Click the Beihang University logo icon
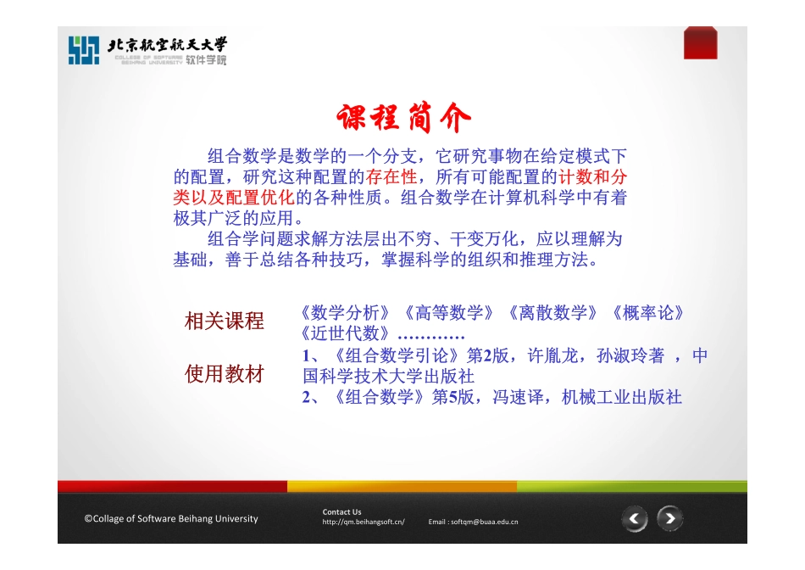point(84,51)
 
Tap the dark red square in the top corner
point(700,43)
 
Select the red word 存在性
point(391,177)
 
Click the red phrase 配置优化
point(253,198)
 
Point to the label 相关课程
point(225,321)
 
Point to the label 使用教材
point(225,374)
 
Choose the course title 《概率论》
point(647,312)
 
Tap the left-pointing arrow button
point(635,519)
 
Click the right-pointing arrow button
point(669,518)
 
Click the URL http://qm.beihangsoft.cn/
point(363,522)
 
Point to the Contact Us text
point(341,511)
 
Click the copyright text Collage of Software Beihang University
point(170,518)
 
